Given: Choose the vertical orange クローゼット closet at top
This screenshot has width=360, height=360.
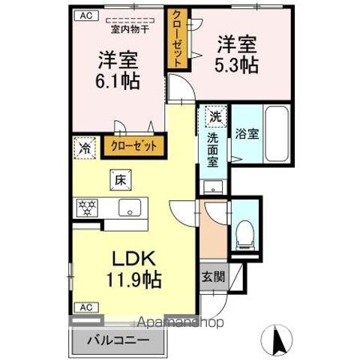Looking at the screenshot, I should [177, 39].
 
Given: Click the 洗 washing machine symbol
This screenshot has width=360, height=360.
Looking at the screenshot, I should [215, 117].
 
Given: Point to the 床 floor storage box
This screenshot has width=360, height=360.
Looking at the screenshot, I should [120, 179].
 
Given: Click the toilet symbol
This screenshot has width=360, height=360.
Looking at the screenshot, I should [244, 235].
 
